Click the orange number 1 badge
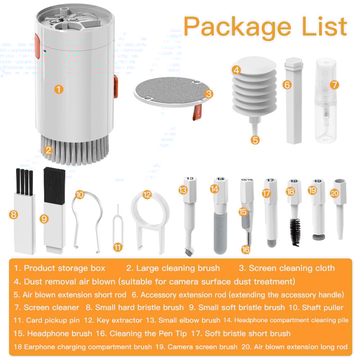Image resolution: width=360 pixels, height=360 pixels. (x=59, y=89)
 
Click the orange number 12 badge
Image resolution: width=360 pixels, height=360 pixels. (x=147, y=195)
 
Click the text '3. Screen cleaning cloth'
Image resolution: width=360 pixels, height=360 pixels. (x=287, y=268)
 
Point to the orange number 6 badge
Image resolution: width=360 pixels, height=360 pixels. (x=287, y=85)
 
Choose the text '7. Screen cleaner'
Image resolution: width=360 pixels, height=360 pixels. (x=46, y=307)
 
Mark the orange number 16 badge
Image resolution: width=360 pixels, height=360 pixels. (x=246, y=249)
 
